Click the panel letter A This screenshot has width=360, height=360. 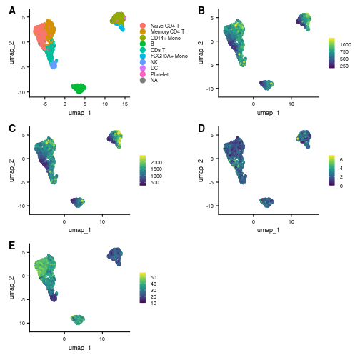(x=12, y=11)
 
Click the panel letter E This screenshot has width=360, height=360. (x=12, y=246)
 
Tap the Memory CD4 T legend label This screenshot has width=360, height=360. (x=167, y=31)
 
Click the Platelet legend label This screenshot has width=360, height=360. (x=159, y=74)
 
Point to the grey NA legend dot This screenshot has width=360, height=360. (x=143, y=81)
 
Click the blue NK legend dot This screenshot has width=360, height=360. (x=143, y=62)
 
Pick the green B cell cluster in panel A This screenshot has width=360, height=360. (x=79, y=89)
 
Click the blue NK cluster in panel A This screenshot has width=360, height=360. (x=54, y=64)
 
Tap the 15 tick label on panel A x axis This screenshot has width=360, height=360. (x=125, y=104)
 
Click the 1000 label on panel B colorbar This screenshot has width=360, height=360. (x=346, y=44)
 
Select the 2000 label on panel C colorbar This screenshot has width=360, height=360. (x=156, y=162)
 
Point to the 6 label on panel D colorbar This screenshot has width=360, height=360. (x=341, y=159)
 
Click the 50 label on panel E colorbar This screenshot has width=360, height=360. (x=154, y=277)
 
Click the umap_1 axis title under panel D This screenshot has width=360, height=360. (x=268, y=230)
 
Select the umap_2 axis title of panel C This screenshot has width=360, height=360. (x=11, y=171)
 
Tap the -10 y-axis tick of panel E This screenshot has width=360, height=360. (x=21, y=323)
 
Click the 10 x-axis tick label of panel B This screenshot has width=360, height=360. (x=291, y=104)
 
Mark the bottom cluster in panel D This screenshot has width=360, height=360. (x=266, y=202)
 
